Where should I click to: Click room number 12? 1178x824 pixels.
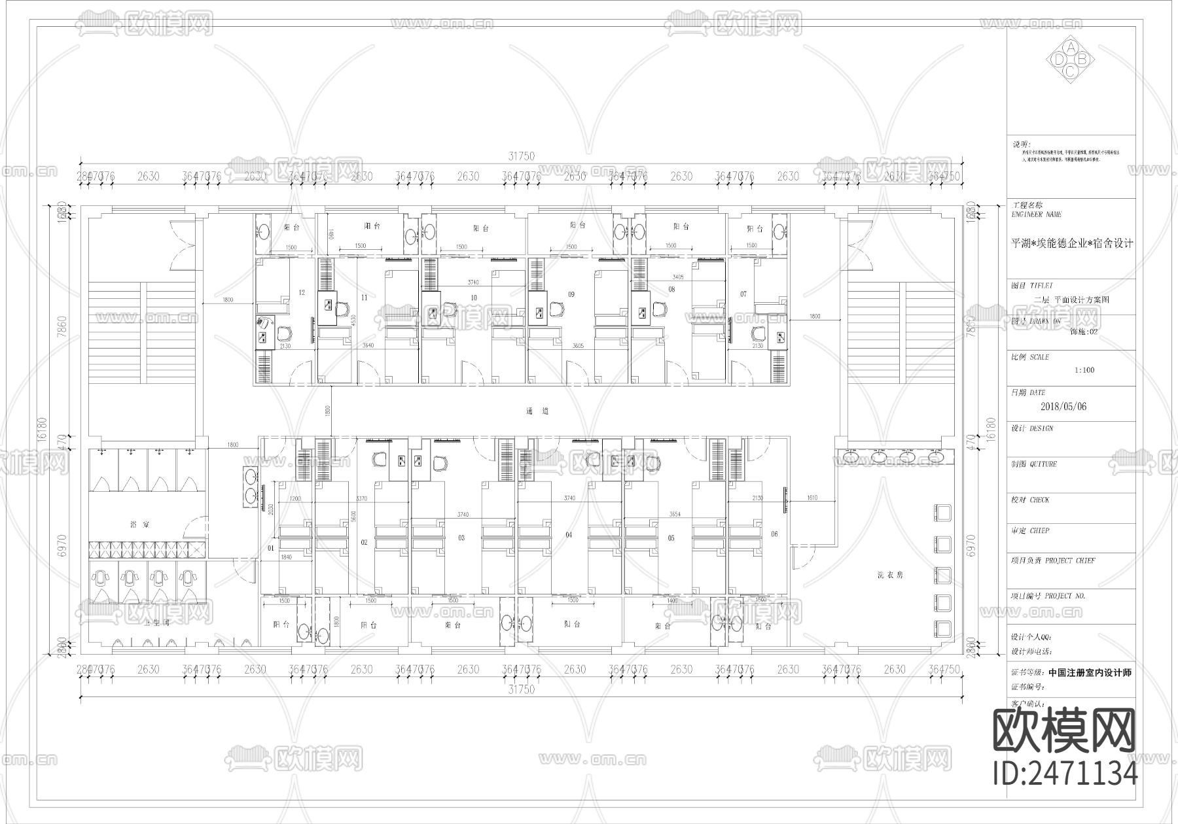tap(301, 292)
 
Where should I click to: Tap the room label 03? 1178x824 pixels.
tap(461, 538)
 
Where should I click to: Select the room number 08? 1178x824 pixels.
tap(671, 288)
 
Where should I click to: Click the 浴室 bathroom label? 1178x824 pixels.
tap(139, 524)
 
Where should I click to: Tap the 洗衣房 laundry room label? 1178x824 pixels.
tap(890, 575)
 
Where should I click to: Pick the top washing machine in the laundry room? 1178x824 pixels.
tap(942, 513)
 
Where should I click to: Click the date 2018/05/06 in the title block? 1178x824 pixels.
tap(1063, 406)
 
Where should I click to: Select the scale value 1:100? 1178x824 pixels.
tap(1084, 370)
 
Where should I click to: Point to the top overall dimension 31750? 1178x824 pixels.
tap(522, 156)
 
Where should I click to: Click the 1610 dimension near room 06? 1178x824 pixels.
tap(812, 498)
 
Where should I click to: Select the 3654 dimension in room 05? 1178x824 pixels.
tap(675, 514)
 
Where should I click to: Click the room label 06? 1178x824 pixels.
tap(774, 534)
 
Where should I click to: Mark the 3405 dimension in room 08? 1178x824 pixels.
tap(677, 277)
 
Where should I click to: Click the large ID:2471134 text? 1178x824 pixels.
tap(1065, 774)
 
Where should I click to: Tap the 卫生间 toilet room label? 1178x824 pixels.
tap(157, 623)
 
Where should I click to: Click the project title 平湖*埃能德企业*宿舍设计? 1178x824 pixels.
tap(1072, 244)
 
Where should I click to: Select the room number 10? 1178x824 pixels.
tap(473, 298)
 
